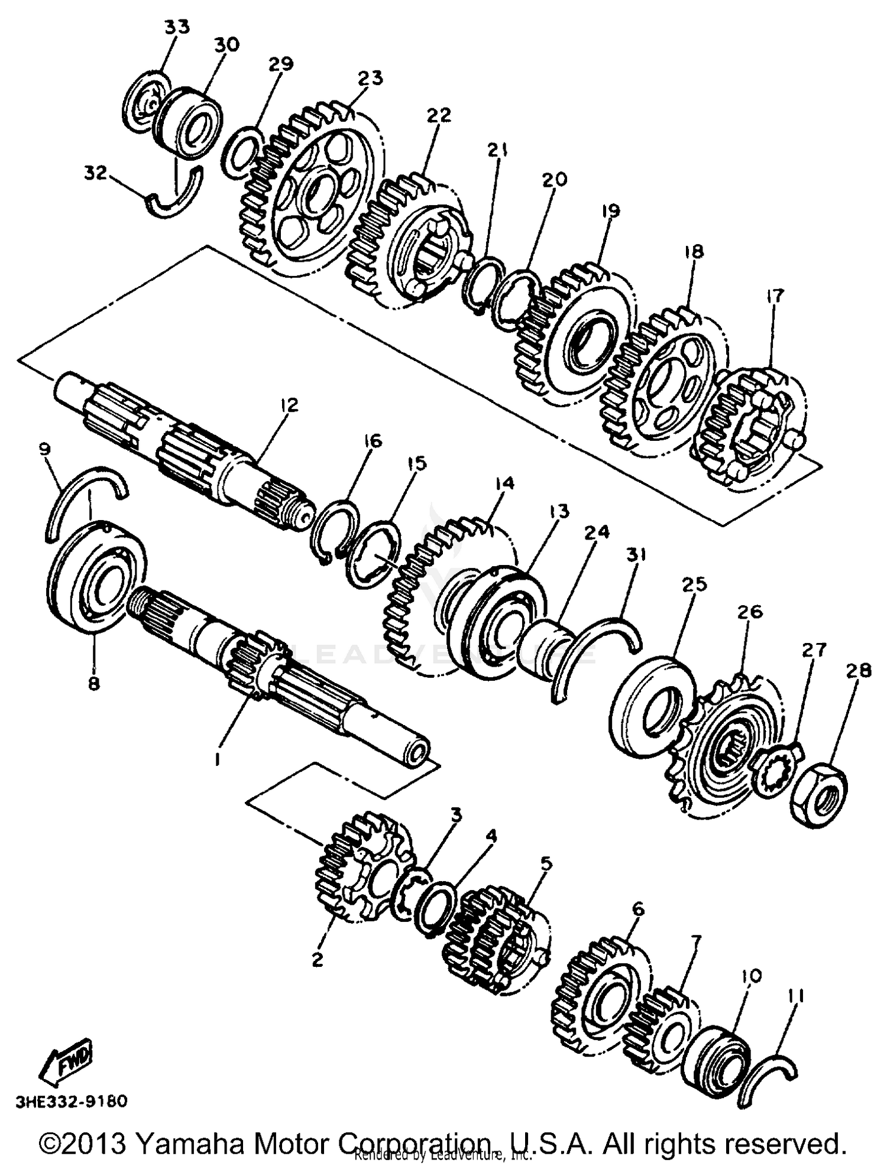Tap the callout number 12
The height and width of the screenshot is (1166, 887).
(x=289, y=405)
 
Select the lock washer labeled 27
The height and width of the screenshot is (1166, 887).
(x=776, y=771)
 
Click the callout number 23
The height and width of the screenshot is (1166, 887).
(x=370, y=78)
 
